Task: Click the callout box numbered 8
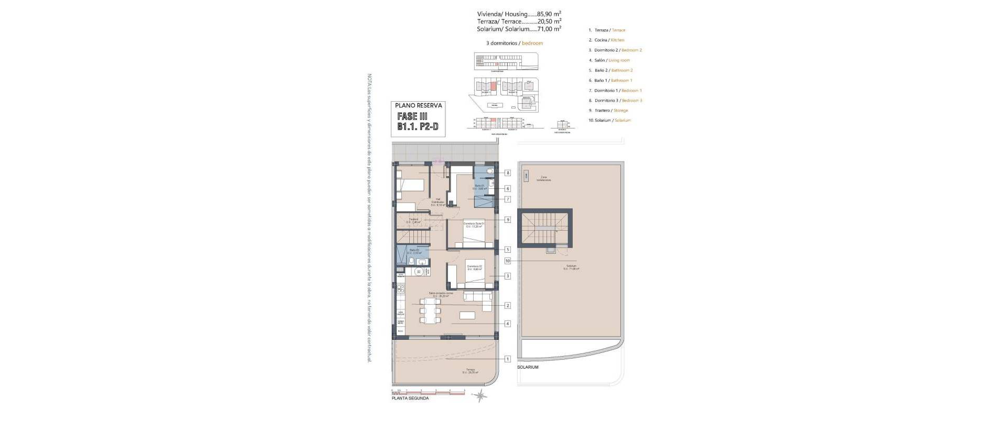(x=507, y=173)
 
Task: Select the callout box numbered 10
(x=507, y=261)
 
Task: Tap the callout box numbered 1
(x=507, y=359)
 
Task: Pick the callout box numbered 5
(x=507, y=250)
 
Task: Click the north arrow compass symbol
(x=479, y=396)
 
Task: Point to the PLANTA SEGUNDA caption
(x=410, y=399)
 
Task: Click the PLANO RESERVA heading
(x=418, y=105)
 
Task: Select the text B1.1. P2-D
(x=418, y=127)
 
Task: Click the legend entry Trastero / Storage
(x=608, y=111)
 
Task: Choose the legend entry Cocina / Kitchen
(x=607, y=40)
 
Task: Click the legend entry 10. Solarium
(x=610, y=121)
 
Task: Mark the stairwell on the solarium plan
(x=545, y=228)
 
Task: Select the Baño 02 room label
(x=414, y=251)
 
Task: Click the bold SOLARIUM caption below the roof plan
(x=528, y=368)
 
